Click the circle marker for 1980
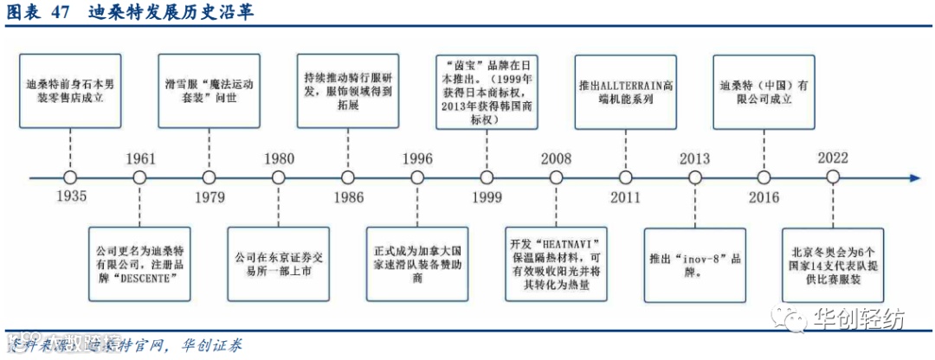point(278,178)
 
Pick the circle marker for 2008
point(555,178)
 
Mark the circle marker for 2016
point(763,178)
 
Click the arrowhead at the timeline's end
point(913,178)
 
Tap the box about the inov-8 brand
point(693,258)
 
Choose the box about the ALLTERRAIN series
point(624,93)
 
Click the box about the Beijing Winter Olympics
point(832,258)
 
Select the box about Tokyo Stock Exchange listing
point(278,258)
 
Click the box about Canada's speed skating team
point(416,258)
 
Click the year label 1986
point(347,197)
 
